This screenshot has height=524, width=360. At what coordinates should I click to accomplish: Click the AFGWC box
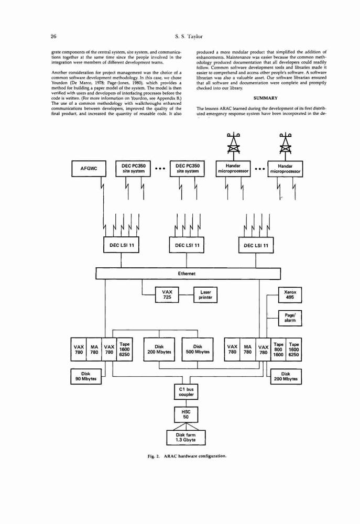[89, 169]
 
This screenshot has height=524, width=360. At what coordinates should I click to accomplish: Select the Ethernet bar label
[187, 274]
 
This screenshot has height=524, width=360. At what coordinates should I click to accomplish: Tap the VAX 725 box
[167, 294]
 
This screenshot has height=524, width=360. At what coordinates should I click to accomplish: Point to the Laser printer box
[205, 294]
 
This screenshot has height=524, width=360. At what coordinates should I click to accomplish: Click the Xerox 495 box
[290, 294]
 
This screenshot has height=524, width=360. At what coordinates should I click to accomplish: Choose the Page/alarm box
[290, 318]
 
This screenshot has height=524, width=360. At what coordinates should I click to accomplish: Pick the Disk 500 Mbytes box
[198, 349]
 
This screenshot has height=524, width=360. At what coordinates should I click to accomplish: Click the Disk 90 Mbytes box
[86, 376]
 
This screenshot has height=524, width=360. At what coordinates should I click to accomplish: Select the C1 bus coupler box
[186, 392]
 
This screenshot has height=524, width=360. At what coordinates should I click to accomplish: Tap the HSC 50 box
[186, 414]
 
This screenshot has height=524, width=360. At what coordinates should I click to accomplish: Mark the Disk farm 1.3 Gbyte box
[186, 438]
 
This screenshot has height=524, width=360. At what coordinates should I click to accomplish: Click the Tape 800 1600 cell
[278, 349]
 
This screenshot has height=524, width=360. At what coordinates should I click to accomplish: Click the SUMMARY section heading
[265, 99]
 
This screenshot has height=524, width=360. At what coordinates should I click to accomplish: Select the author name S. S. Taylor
[189, 37]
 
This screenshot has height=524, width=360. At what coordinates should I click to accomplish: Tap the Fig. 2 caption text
[187, 456]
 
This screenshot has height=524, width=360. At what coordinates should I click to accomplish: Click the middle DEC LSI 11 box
[187, 245]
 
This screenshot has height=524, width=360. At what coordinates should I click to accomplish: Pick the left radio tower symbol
[233, 143]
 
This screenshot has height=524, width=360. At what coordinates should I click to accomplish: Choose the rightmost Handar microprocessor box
[285, 169]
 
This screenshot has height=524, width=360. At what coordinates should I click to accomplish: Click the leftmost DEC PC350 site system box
[133, 169]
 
